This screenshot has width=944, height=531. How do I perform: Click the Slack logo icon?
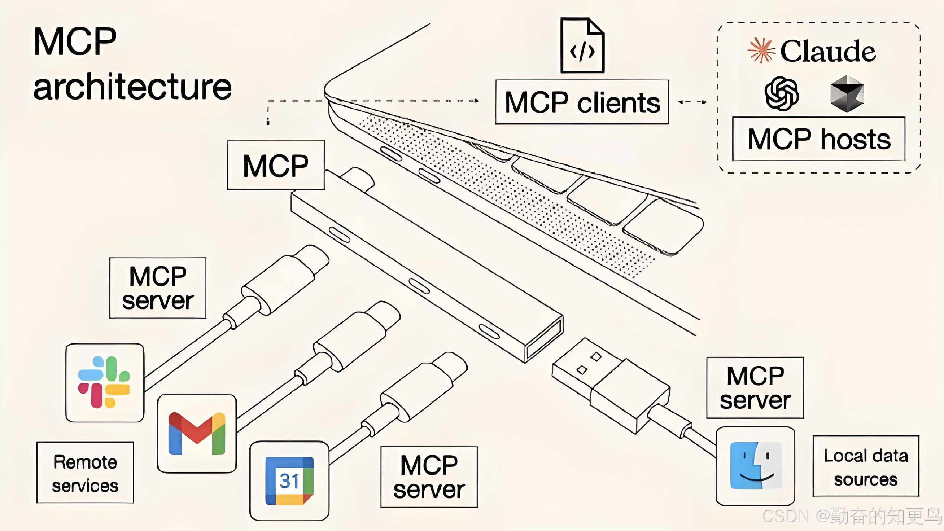[104, 382]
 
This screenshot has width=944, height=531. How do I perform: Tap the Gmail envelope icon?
[197, 433]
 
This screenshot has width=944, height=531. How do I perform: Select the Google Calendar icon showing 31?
[289, 480]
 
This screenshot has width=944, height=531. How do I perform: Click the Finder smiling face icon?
[756, 465]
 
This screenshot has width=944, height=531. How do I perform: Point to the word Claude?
[828, 51]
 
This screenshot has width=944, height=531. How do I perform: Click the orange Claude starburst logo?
[761, 50]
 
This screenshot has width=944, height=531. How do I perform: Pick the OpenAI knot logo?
[782, 93]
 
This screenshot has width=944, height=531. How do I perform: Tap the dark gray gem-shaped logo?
[847, 93]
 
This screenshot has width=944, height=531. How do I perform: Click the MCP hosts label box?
[819, 139]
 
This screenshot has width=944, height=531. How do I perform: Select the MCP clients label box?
[582, 102]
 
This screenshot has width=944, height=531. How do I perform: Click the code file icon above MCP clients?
[582, 45]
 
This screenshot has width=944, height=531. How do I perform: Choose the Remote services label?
[85, 473]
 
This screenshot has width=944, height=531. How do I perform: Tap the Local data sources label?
[866, 466]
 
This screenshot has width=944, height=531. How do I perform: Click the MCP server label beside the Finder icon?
[755, 388]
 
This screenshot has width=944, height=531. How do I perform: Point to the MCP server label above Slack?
[158, 288]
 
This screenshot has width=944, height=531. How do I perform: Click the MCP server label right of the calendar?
[429, 477]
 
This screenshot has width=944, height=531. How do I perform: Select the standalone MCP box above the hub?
[276, 165]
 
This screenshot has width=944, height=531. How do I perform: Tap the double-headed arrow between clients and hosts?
[692, 102]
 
